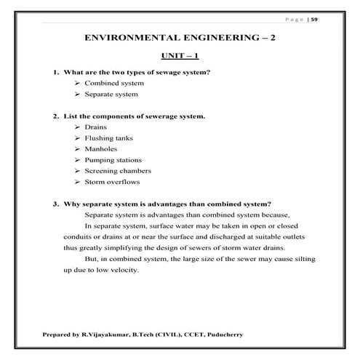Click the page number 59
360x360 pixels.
314,19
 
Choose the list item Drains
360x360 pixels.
95,127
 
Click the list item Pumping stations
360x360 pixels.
113,159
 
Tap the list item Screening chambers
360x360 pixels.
117,170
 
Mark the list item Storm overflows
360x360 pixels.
111,181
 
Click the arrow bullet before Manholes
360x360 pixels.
77,148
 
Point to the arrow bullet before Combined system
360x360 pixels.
77,84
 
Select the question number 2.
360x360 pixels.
55,116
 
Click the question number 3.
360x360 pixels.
55,203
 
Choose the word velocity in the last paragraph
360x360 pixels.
124,271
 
